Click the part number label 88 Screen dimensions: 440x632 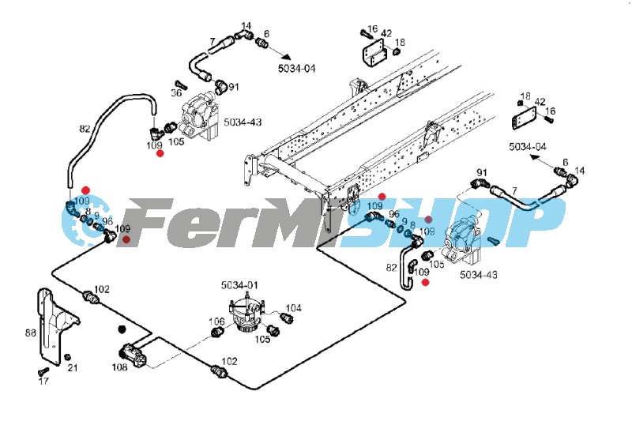[31, 333]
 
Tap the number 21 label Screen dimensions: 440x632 [73, 367]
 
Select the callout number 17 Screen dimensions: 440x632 [43, 381]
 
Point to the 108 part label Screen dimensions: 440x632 [119, 367]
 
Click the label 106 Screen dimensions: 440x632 [216, 322]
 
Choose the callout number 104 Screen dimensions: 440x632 [293, 308]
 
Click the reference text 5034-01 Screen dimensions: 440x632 [240, 284]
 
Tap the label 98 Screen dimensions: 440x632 [107, 220]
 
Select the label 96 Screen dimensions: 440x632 [393, 214]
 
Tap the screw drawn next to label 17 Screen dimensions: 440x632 [37, 371]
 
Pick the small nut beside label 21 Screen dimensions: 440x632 [67, 357]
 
